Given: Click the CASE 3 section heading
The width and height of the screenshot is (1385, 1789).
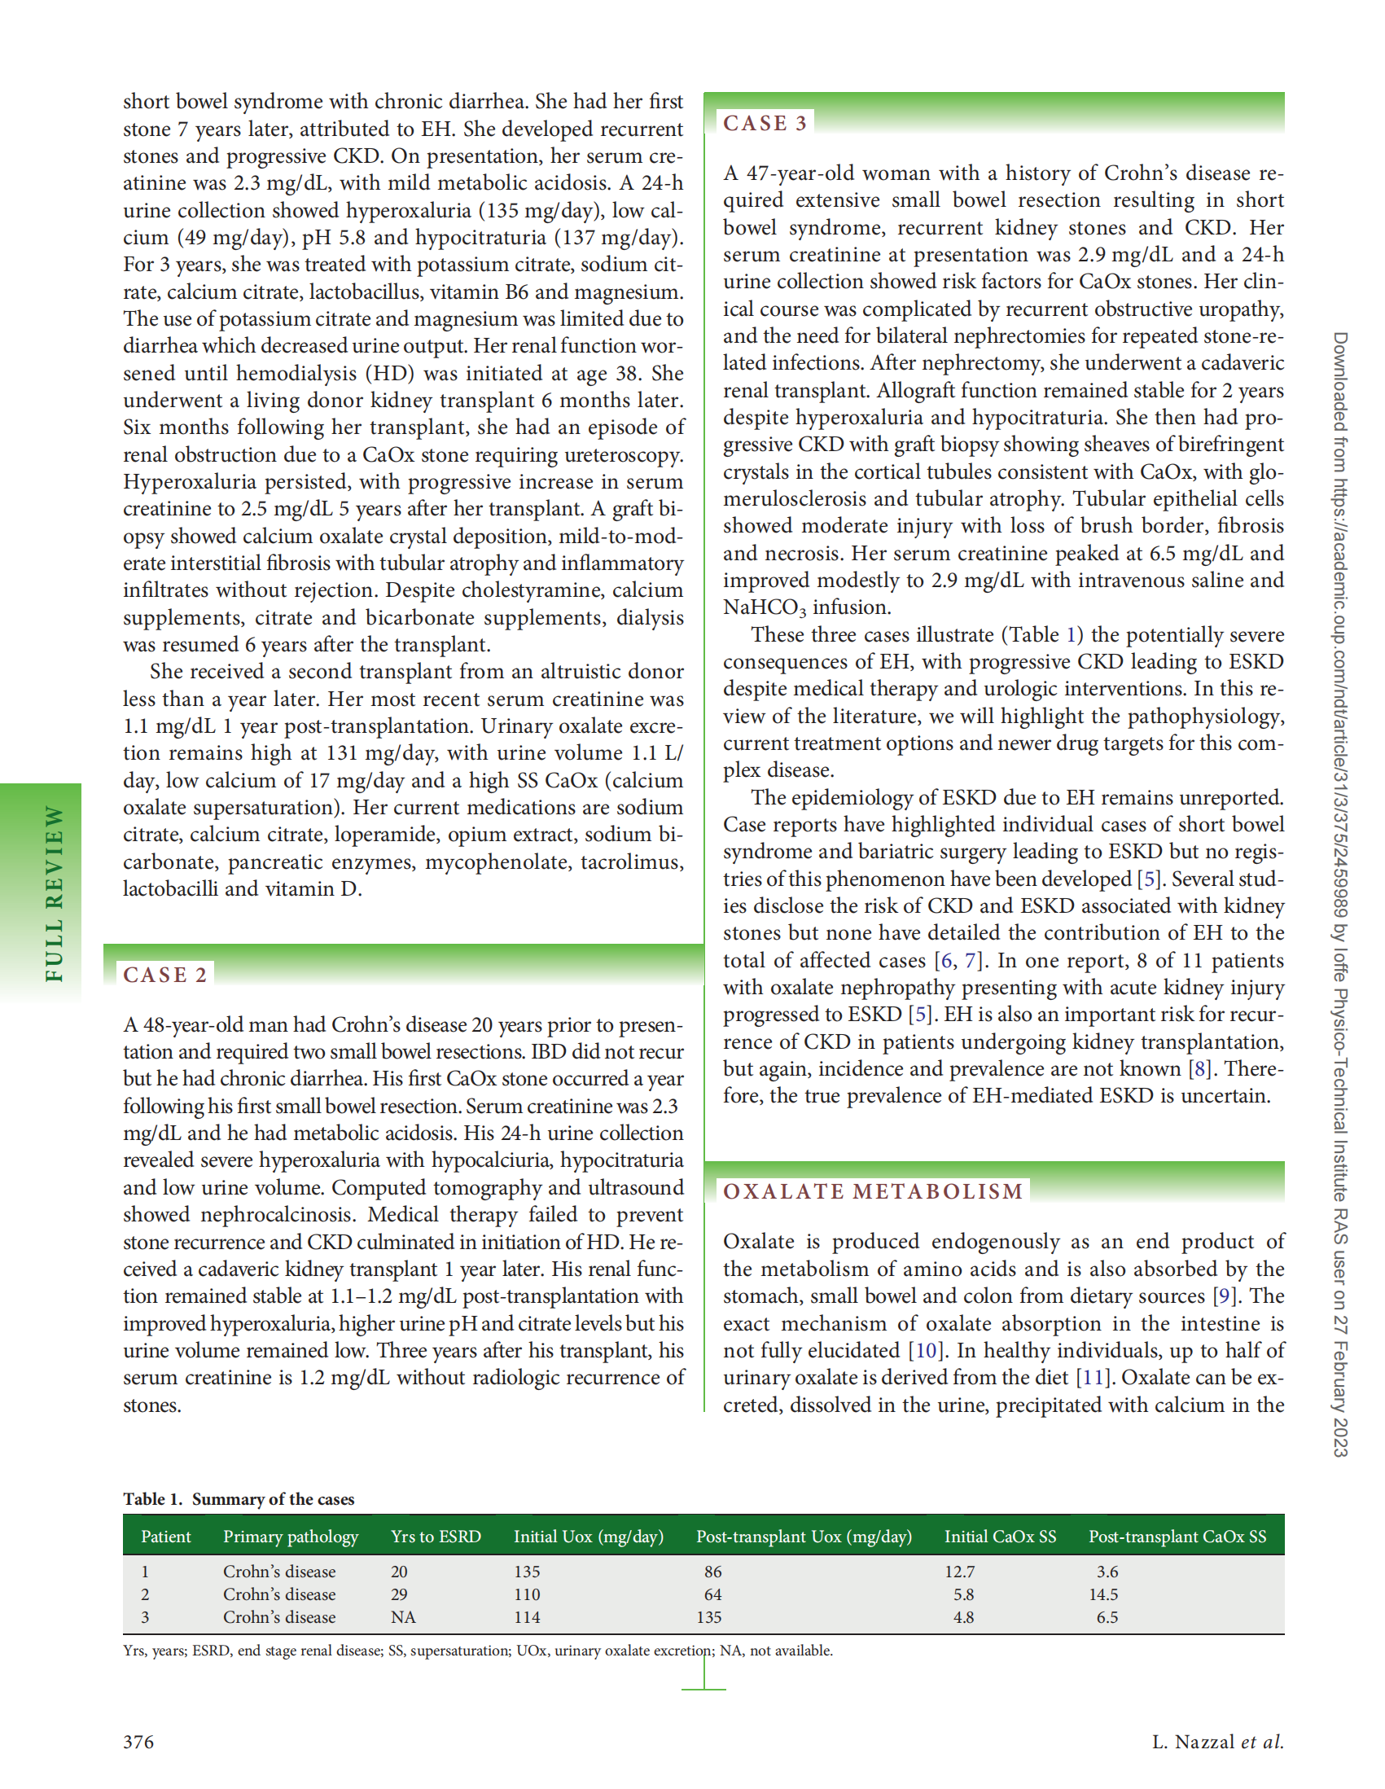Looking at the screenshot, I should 765,123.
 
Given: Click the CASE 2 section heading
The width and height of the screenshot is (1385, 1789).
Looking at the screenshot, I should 165,974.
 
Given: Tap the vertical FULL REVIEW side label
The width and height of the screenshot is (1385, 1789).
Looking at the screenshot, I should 54,892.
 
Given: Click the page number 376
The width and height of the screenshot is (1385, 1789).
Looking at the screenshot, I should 138,1742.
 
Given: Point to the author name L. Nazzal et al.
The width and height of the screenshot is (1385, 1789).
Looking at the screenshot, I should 1217,1742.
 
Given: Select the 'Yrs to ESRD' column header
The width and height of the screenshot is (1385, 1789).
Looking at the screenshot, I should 436,1536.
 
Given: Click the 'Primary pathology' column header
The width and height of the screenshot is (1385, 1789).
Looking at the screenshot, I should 291,1536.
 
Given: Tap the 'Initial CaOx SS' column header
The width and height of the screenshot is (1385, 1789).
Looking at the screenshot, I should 1000,1536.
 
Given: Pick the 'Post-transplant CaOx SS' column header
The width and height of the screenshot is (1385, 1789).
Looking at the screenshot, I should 1177,1536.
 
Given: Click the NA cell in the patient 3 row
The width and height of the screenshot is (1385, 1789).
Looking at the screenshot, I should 403,1616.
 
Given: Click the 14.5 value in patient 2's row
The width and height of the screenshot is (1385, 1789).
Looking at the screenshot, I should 1103,1594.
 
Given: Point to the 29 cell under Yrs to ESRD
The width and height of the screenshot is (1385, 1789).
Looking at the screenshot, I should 399,1594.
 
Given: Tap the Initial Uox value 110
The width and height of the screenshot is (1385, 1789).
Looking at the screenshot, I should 527,1594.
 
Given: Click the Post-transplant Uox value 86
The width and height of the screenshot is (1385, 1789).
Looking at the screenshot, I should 712,1571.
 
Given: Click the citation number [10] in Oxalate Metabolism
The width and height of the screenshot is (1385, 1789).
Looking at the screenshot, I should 925,1350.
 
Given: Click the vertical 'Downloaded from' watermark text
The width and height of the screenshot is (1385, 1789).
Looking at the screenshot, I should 1340,892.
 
